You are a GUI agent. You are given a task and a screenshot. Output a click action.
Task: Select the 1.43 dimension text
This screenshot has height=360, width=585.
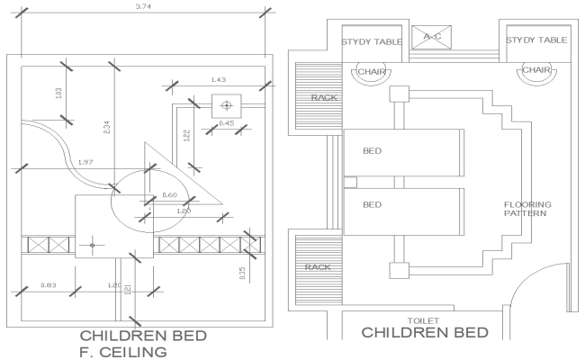click(219, 80)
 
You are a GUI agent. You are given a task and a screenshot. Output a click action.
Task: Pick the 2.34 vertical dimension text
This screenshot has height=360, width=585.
click(107, 128)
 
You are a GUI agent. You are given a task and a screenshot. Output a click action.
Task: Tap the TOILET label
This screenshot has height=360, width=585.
click(421, 319)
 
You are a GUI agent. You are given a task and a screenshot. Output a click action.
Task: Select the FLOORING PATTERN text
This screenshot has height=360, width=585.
click(527, 211)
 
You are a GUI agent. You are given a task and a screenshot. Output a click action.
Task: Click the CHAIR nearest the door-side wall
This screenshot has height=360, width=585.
click(535, 70)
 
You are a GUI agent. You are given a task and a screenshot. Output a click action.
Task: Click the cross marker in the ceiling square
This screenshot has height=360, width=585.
click(92, 244)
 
